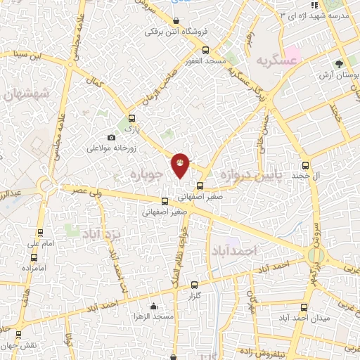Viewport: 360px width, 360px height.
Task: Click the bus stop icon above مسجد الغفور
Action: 205,50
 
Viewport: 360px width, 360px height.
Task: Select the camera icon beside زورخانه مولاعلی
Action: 111,137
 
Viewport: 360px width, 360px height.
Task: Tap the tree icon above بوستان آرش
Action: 340,63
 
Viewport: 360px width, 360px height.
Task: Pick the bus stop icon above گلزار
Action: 195,285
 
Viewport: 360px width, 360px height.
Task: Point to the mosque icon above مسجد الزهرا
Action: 153,307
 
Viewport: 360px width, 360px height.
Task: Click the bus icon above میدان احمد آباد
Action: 304,307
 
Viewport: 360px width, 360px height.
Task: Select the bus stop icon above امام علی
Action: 39,233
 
